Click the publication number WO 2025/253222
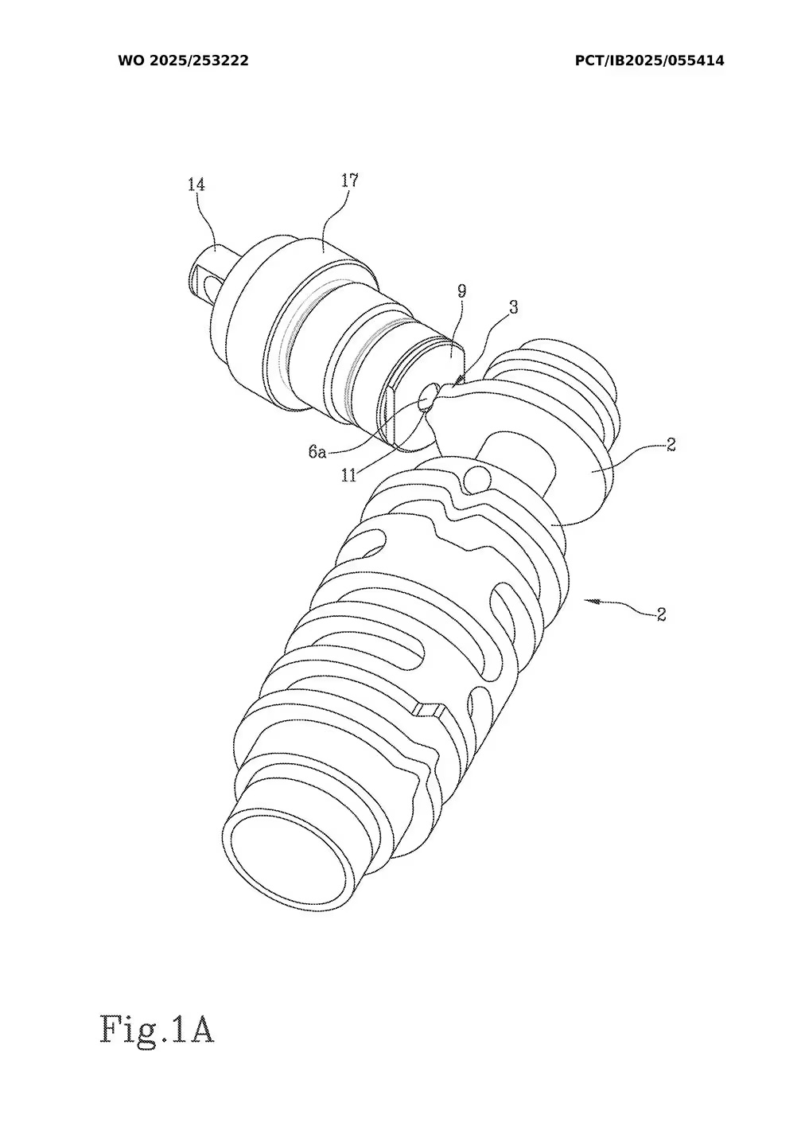pyautogui.click(x=183, y=60)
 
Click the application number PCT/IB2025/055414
pyautogui.click(x=649, y=60)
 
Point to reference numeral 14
pyautogui.click(x=196, y=185)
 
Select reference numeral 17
pyautogui.click(x=349, y=181)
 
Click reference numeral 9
pyautogui.click(x=461, y=291)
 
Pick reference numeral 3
pyautogui.click(x=513, y=307)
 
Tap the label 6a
pyautogui.click(x=317, y=452)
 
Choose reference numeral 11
pyautogui.click(x=348, y=475)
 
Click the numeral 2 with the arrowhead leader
pyautogui.click(x=661, y=614)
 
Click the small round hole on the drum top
pyautogui.click(x=477, y=479)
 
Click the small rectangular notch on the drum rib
pyautogui.click(x=428, y=709)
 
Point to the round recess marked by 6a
pyautogui.click(x=427, y=396)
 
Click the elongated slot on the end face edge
pyautogui.click(x=389, y=414)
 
